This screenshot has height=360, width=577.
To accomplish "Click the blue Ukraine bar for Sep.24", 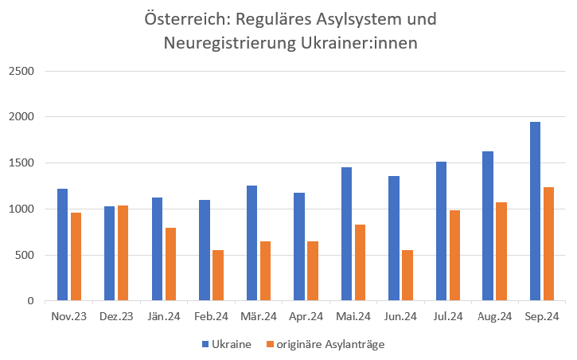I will (x=535, y=212).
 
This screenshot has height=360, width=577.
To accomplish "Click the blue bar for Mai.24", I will (x=346, y=234).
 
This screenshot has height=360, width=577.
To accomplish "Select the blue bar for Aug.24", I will (x=488, y=226).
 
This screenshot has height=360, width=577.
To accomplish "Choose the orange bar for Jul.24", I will (x=454, y=256).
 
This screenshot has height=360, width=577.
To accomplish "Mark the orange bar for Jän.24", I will (x=170, y=264).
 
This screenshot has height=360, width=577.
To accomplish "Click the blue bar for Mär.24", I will (x=251, y=243).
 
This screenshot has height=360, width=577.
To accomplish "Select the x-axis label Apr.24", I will (x=306, y=317).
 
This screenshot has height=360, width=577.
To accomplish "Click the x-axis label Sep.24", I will (x=542, y=317).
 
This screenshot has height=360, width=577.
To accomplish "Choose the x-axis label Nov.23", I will (x=68, y=317).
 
